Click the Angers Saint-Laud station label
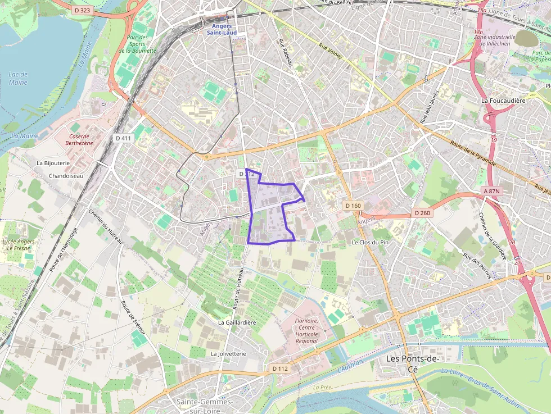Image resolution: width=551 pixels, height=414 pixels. [x=221, y=29]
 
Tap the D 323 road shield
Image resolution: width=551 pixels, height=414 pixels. [x=83, y=10]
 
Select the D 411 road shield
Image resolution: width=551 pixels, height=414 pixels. [x=123, y=138]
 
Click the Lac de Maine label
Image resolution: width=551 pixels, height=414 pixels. [x=18, y=79]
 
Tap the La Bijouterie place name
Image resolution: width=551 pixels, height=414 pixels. [x=53, y=163]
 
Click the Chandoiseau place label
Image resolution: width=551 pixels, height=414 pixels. [x=66, y=176]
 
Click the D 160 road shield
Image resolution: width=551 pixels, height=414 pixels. [x=353, y=206]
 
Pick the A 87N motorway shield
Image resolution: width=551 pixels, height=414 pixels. [x=492, y=192]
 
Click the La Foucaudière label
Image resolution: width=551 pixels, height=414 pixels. [x=503, y=100]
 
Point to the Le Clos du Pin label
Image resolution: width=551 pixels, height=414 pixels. [x=370, y=242]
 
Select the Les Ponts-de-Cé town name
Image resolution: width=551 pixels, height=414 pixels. [x=412, y=363]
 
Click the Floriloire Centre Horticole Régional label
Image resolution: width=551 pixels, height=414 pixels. [x=306, y=331]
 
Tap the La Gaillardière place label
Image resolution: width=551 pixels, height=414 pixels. [x=237, y=322]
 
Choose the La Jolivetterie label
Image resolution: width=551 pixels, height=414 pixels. [x=228, y=354]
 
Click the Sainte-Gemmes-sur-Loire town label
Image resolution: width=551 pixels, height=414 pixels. [x=204, y=406]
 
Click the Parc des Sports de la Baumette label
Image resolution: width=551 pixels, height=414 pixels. [x=133, y=44]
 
